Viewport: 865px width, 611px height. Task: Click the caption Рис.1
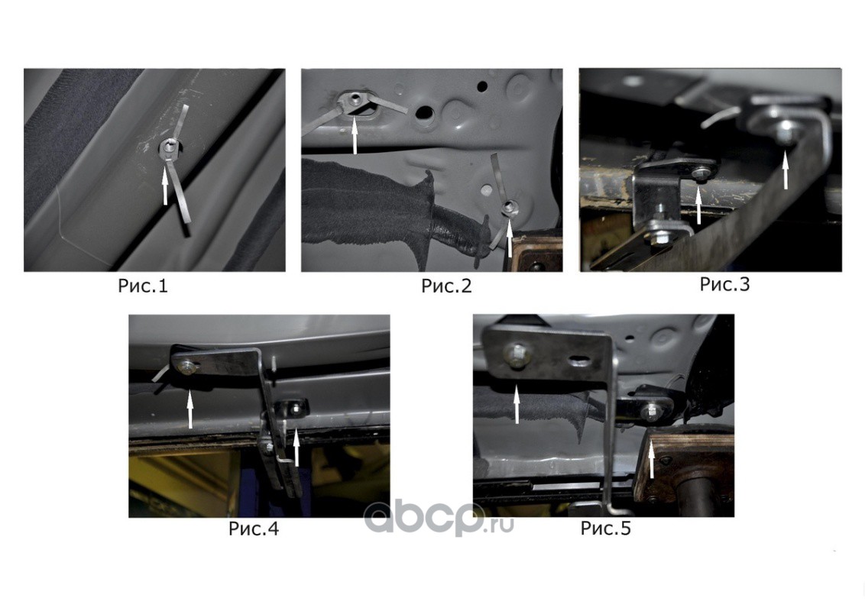142,286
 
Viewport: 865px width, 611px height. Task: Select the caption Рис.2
446,286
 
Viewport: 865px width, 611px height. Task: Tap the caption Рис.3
724,284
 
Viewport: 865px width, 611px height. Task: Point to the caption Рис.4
253,529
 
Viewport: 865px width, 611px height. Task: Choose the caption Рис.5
605,529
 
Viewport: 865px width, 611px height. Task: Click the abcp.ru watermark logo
439,519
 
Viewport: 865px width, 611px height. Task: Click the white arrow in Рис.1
165,186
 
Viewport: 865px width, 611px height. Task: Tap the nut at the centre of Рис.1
169,147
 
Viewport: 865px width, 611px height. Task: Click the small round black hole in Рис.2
483,86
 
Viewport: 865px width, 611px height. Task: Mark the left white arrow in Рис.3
699,205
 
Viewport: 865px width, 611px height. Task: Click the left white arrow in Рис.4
190,409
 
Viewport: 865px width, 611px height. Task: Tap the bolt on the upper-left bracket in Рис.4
186,366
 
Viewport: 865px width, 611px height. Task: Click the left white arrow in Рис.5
517,404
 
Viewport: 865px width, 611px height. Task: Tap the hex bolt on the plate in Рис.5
516,356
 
